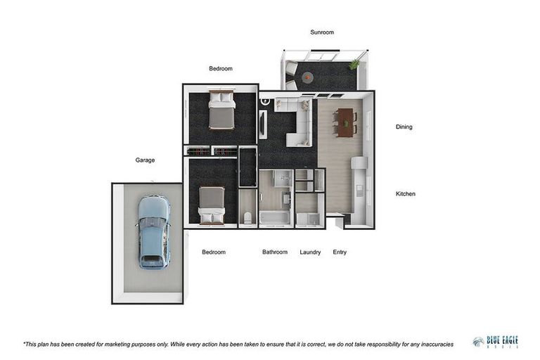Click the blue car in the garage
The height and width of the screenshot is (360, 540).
[153, 231]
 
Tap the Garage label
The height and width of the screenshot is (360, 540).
[145, 160]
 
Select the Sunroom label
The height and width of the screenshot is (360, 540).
[322, 32]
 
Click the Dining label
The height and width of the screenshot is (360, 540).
[404, 127]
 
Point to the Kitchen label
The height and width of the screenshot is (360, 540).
[405, 193]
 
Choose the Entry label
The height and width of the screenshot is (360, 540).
[340, 252]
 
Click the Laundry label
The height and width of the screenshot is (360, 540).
[310, 252]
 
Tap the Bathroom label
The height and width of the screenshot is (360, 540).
[275, 252]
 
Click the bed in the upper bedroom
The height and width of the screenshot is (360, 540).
[221, 110]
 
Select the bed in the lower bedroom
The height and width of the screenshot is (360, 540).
[211, 205]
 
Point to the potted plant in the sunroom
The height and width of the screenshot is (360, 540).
[354, 63]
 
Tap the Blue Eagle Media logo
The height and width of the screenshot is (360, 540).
[495, 342]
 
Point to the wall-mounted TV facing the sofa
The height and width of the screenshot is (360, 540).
[262, 124]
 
